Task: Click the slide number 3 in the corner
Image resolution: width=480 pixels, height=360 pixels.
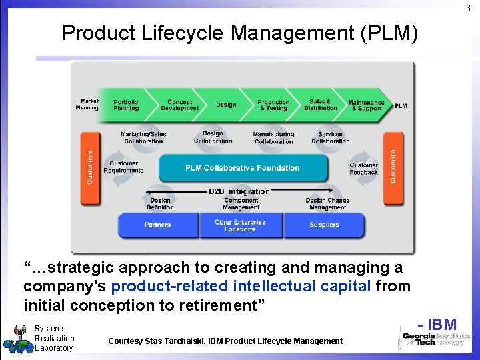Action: (468, 8)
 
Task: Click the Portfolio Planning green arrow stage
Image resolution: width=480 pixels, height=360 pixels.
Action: (126, 105)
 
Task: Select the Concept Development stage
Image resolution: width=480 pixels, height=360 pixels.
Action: (179, 105)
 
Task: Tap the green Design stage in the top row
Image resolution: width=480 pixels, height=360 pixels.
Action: (226, 105)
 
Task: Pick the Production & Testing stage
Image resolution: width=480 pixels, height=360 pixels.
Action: (273, 105)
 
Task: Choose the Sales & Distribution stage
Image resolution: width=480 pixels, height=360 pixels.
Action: (321, 105)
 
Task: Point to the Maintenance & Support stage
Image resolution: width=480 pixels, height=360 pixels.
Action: (366, 105)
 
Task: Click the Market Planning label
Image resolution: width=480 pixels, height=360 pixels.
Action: (87, 105)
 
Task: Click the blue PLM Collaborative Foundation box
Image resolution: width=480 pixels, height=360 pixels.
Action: (242, 168)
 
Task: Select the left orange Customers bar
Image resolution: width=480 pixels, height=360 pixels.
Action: (91, 167)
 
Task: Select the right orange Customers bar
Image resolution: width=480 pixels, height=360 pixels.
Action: (393, 167)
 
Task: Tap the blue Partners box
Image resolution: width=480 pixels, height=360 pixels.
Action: (158, 225)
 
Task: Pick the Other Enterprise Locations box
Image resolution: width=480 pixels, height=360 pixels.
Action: (240, 225)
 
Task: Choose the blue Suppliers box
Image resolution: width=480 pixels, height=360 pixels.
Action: (324, 225)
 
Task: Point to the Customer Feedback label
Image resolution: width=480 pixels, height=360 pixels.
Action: (363, 169)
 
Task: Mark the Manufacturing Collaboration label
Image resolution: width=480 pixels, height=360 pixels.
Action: (273, 138)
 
